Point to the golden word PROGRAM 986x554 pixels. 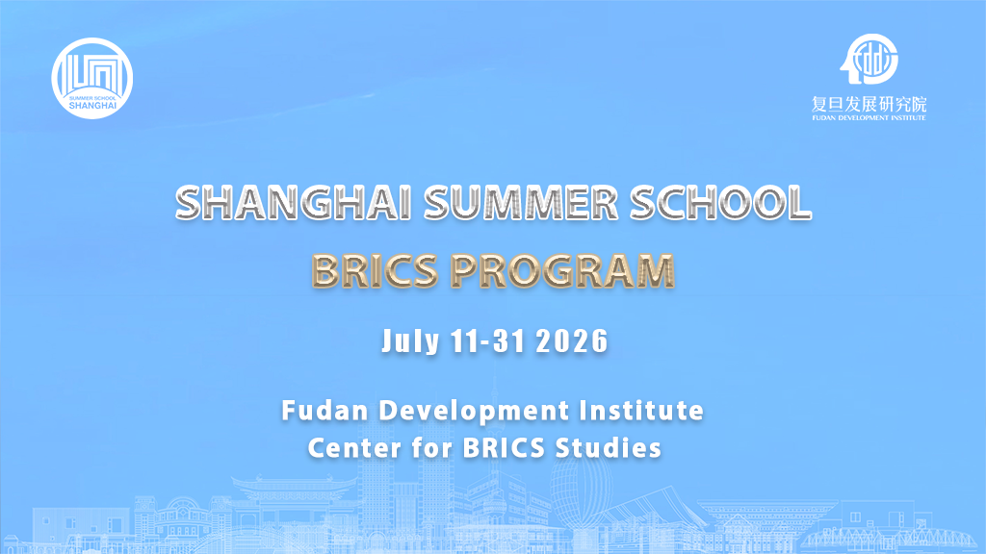coord(562,270)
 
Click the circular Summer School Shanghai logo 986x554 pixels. coord(92,78)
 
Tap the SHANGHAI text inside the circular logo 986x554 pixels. coord(92,107)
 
